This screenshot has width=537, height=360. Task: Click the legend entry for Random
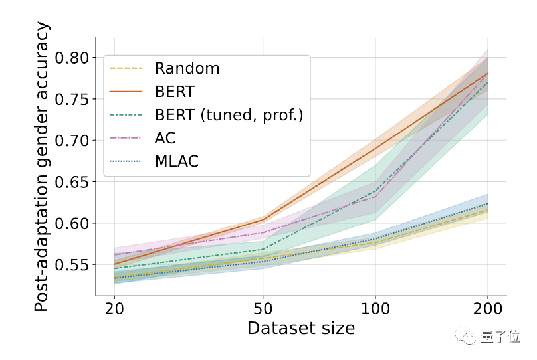click(187, 68)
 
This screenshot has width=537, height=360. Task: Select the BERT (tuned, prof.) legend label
click(229, 115)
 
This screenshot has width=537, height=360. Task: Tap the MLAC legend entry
click(176, 161)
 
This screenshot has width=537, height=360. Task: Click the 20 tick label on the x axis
click(115, 310)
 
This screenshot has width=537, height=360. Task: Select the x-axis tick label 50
click(263, 310)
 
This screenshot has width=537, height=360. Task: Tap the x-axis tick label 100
click(376, 310)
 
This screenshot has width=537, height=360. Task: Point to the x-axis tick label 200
click(488, 310)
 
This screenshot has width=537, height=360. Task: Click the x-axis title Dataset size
click(300, 328)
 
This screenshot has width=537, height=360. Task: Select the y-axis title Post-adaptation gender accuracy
click(42, 166)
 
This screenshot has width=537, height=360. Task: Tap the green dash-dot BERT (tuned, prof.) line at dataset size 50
click(263, 250)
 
